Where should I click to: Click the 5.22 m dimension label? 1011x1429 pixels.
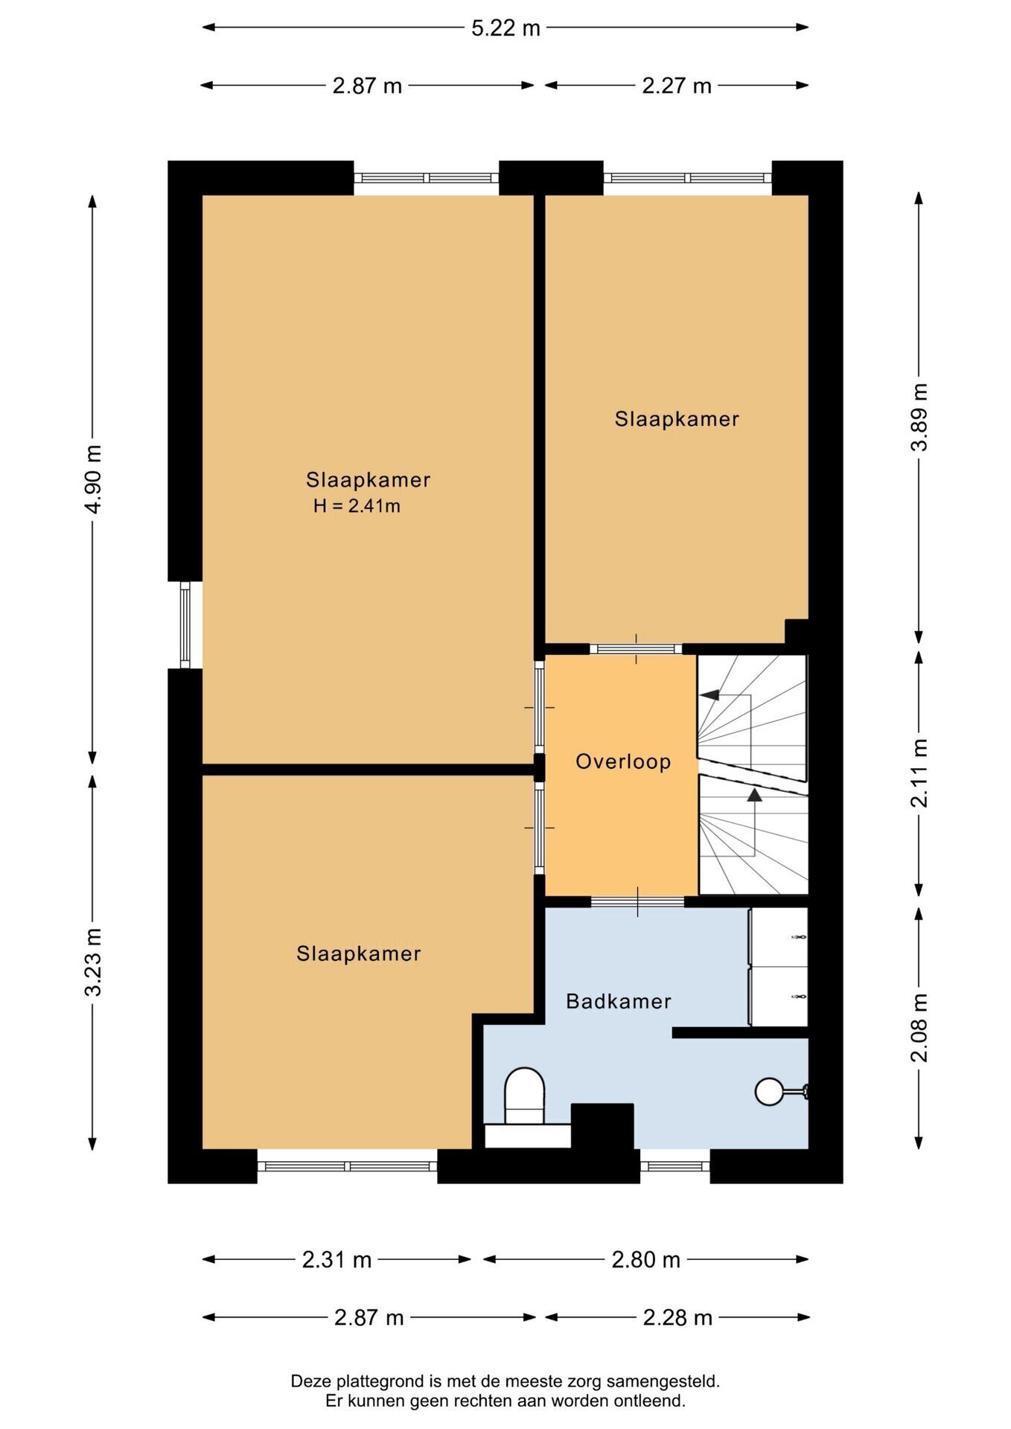[505, 28]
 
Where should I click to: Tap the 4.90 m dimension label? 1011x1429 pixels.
[93, 479]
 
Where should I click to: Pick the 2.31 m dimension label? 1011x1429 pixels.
[337, 1260]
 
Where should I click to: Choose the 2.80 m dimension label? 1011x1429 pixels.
[645, 1260]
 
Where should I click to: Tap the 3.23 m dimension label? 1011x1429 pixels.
[93, 962]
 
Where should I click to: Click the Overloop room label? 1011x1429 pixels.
[623, 762]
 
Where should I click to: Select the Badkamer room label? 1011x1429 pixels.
[619, 1002]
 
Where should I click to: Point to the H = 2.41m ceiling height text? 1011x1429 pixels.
[357, 507]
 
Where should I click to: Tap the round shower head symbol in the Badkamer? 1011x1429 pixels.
[768, 1092]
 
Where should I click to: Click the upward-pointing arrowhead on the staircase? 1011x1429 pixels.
[755, 795]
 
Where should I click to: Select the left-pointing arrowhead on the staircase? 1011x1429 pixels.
[709, 695]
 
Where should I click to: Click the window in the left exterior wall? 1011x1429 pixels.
[185, 625]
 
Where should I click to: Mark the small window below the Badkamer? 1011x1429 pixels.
[675, 1166]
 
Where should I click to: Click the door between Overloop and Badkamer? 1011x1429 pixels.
[637, 902]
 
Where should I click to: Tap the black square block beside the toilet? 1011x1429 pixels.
[602, 1128]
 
